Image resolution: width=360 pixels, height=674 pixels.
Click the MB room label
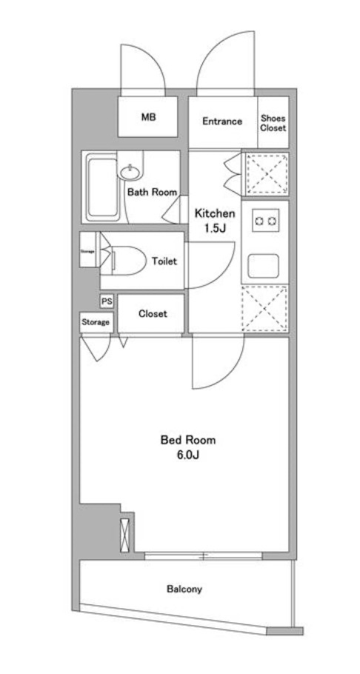point(149,118)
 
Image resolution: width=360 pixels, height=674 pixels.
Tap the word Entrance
point(221,121)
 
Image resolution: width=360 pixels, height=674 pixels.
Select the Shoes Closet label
point(273,122)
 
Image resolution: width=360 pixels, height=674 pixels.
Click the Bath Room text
point(152,192)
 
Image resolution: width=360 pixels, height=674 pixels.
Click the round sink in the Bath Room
point(130,173)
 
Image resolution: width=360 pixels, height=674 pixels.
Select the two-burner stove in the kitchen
point(265,220)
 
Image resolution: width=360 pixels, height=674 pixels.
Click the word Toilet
point(164,261)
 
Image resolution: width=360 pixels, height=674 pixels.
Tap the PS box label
point(107,301)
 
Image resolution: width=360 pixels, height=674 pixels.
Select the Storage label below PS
point(96,322)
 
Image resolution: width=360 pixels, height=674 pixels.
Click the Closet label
point(153,313)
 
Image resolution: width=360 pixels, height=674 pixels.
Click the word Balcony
point(184,590)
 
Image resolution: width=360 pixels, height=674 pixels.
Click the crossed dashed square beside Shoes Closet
point(264,174)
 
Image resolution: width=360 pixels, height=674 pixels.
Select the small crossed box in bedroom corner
point(124,531)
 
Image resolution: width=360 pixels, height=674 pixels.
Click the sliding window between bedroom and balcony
point(201,554)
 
